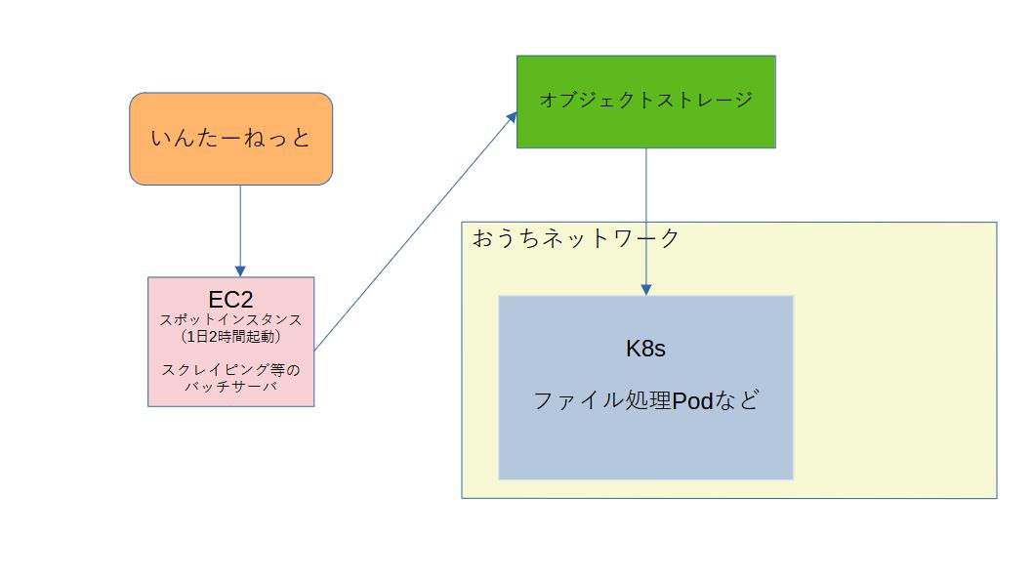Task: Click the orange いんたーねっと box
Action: pyautogui.click(x=230, y=139)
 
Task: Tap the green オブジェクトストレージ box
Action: pyautogui.click(x=645, y=101)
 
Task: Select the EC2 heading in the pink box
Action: pyautogui.click(x=230, y=300)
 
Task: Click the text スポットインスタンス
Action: pyautogui.click(x=230, y=319)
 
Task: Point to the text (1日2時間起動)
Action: pyautogui.click(x=230, y=336)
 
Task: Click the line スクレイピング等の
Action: pyautogui.click(x=230, y=370)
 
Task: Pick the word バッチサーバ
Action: pyautogui.click(x=230, y=387)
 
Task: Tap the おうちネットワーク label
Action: pyautogui.click(x=576, y=238)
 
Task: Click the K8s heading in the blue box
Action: pyautogui.click(x=645, y=349)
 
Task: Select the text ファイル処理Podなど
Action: pyautogui.click(x=645, y=400)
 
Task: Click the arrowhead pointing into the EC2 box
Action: pyautogui.click(x=240, y=270)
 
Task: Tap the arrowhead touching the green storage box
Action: pyautogui.click(x=511, y=116)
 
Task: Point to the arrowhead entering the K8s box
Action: pyautogui.click(x=645, y=289)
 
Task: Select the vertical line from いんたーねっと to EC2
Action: pyautogui.click(x=240, y=225)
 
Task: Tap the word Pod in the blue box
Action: pyautogui.click(x=692, y=400)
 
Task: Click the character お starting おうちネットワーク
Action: pyautogui.click(x=482, y=238)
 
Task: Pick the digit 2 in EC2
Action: pyautogui.click(x=245, y=300)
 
